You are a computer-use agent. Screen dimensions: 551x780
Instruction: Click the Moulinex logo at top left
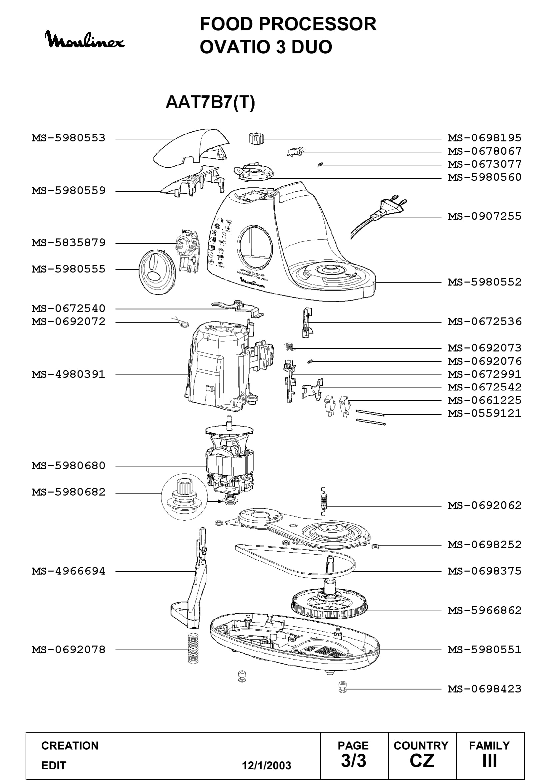point(85,40)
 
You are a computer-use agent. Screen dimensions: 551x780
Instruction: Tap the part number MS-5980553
point(69,138)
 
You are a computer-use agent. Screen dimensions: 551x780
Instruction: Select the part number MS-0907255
point(484,216)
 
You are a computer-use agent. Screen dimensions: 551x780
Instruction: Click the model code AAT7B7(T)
point(210,102)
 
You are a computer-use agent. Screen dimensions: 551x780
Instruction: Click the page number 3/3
point(353,761)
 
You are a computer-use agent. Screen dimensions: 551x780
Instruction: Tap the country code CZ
point(422,761)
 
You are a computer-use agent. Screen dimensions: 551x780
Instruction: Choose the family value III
point(490,761)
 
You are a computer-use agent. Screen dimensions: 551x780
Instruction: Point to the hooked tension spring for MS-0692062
point(324,502)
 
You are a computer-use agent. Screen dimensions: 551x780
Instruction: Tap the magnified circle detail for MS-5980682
point(184,497)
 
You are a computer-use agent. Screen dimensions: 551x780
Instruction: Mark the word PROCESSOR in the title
point(317,24)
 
